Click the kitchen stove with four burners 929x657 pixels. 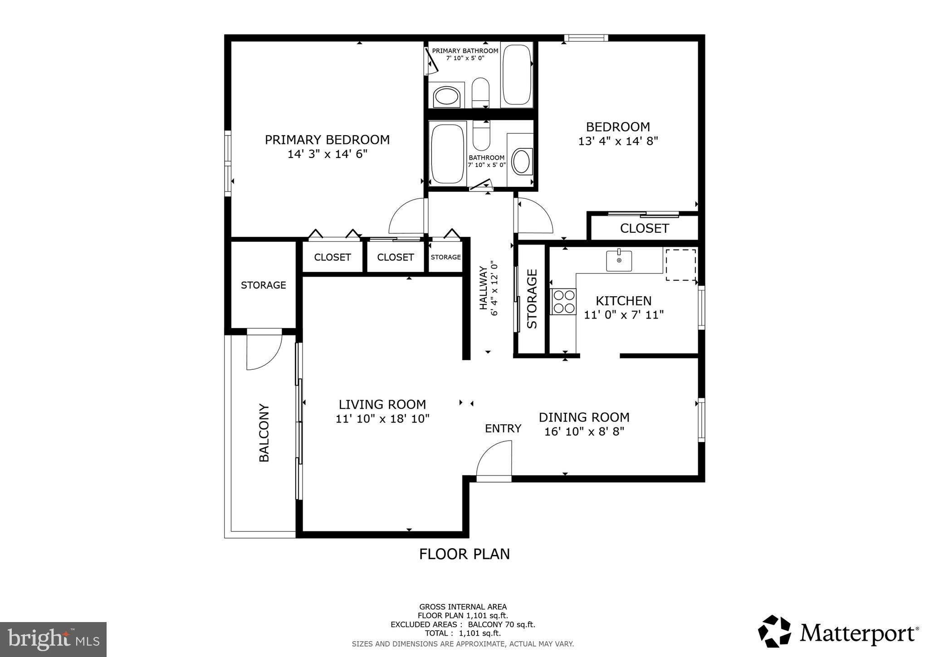(563, 302)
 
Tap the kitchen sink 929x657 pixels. (619, 261)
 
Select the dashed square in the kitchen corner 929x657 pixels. (680, 265)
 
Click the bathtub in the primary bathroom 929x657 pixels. (517, 75)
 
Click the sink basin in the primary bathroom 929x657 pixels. (447, 96)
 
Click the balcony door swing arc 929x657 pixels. (264, 352)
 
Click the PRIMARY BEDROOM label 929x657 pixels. (327, 140)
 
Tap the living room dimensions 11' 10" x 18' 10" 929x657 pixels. (382, 419)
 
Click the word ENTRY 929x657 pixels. (503, 428)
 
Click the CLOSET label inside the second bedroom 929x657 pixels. (644, 228)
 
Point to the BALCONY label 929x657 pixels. (264, 433)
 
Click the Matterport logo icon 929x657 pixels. (775, 632)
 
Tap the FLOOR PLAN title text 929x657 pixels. (464, 554)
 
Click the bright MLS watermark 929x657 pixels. (54, 640)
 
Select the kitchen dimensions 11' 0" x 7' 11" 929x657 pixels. (624, 315)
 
